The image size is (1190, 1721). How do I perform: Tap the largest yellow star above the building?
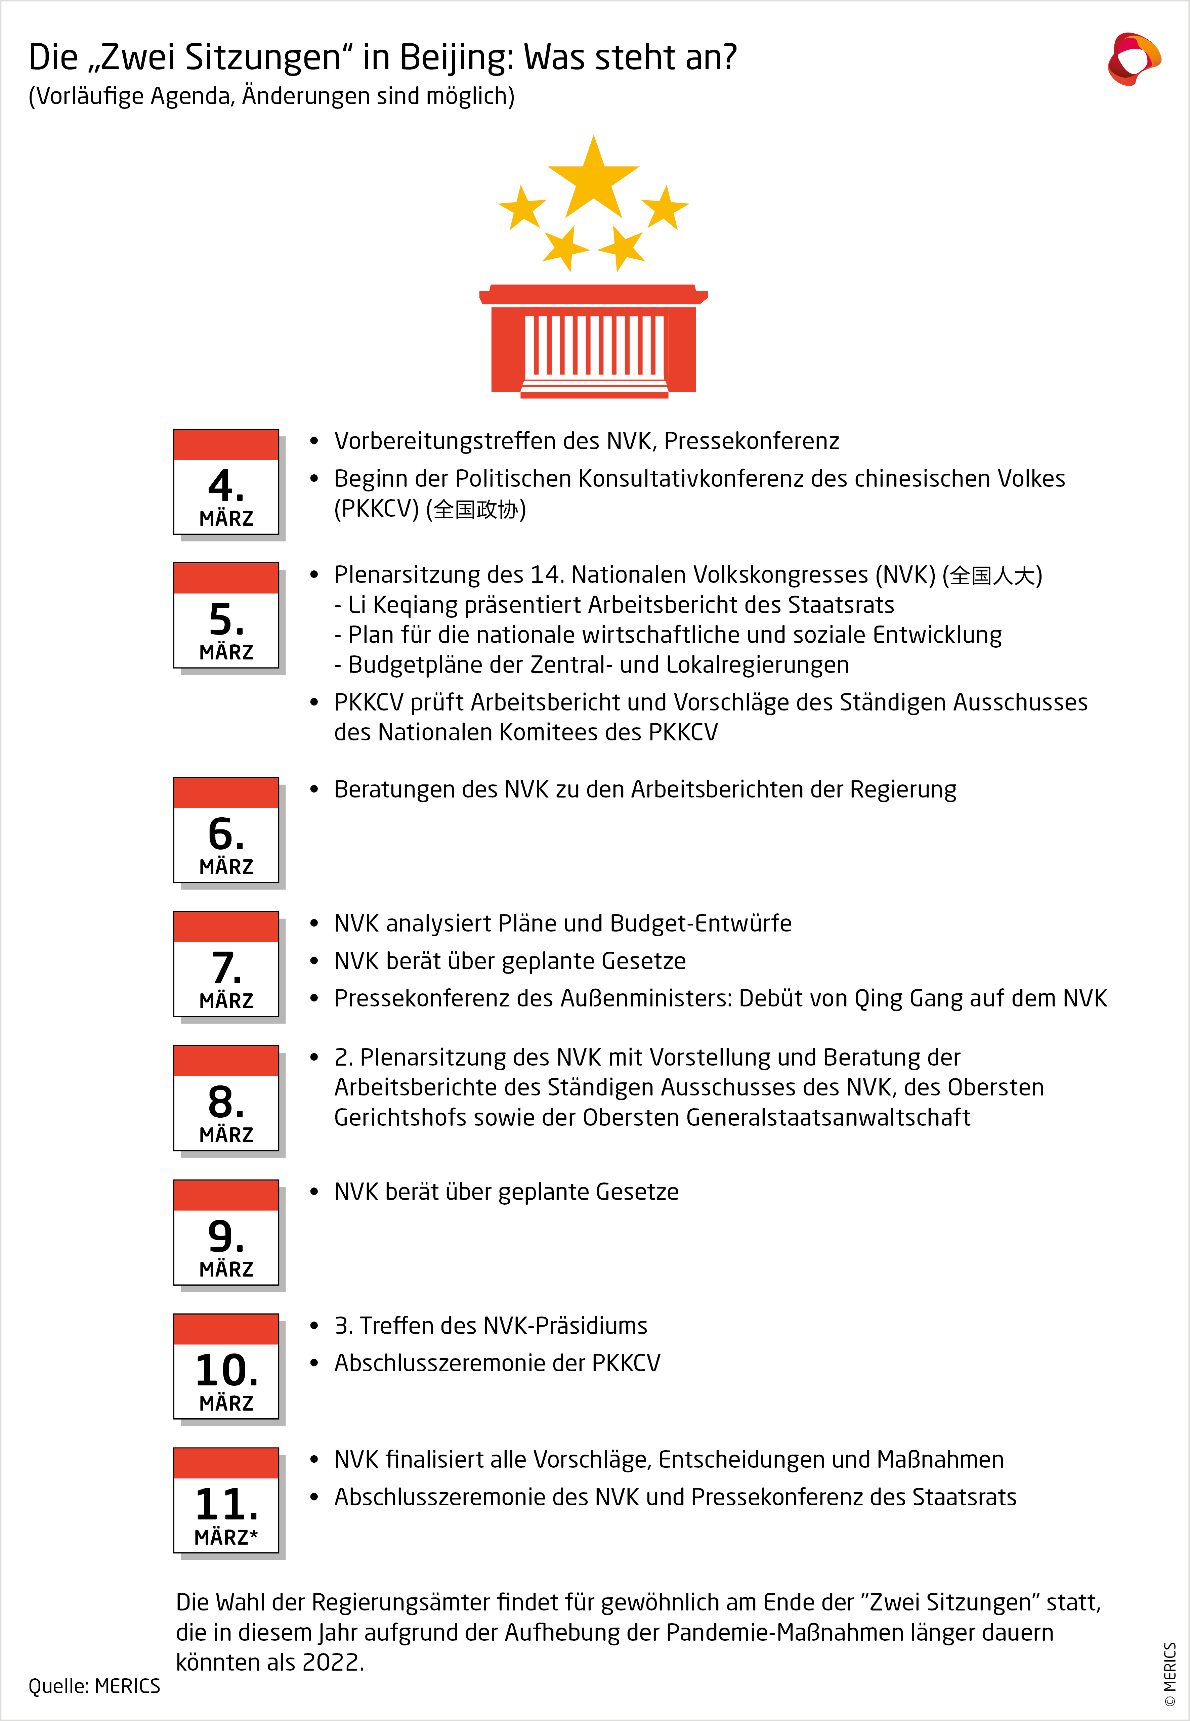coord(594,179)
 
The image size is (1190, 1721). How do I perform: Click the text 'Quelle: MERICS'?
coord(94,1686)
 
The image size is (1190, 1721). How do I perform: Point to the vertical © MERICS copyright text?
coord(1170,1673)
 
